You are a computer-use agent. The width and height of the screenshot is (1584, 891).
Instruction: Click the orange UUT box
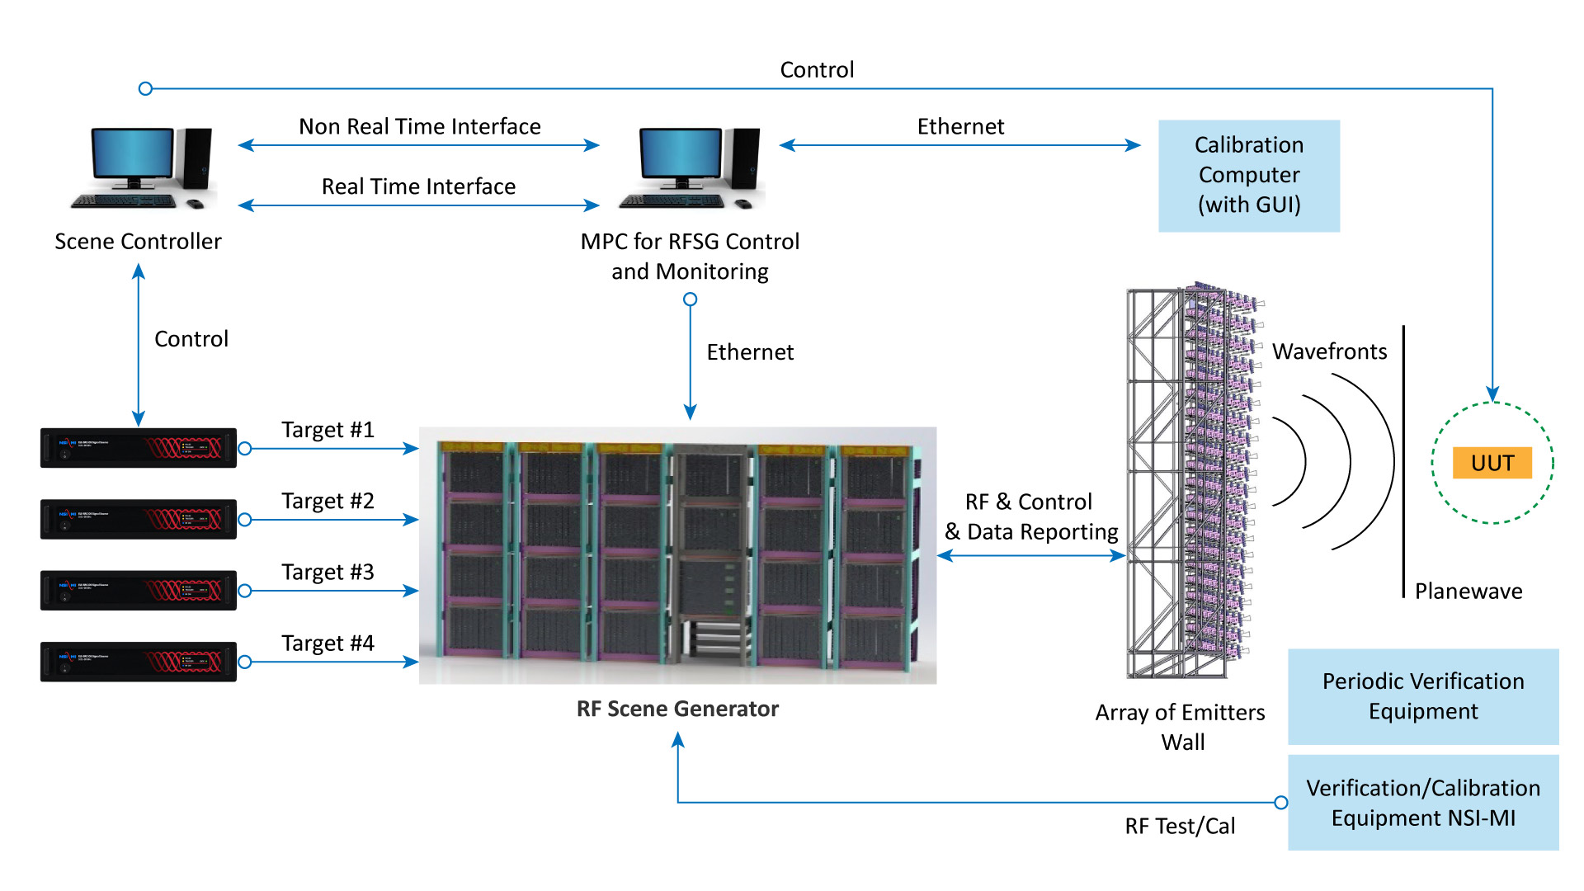point(1492,463)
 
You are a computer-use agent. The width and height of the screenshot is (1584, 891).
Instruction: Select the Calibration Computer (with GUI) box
point(1248,175)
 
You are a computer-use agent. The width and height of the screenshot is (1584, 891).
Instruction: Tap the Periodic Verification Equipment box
point(1422,696)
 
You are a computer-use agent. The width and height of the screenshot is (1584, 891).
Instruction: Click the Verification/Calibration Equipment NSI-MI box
point(1422,803)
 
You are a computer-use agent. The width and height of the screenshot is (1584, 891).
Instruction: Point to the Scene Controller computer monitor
point(132,154)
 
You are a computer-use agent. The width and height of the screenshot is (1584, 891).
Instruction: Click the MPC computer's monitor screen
point(681,154)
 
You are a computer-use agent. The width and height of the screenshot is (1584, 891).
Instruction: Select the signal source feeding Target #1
point(138,448)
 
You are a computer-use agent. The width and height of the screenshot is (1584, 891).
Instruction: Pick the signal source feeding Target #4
point(138,662)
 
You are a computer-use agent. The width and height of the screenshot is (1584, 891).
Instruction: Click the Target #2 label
point(328,501)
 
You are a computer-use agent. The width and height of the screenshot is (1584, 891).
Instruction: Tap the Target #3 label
point(328,572)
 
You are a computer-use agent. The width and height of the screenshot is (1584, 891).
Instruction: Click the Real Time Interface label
point(418,186)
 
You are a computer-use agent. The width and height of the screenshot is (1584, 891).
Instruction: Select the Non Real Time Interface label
point(419,126)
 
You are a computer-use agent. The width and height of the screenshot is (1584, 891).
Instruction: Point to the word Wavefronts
point(1329,351)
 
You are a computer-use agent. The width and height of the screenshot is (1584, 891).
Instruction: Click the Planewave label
point(1468,591)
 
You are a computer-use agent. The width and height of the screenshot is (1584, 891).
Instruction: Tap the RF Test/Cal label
point(1180,826)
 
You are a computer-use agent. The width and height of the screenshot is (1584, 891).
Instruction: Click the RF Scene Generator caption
point(677,709)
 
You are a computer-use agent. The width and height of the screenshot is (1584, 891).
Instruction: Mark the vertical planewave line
point(1403,462)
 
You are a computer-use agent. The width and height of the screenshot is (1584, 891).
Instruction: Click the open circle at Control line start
point(146,88)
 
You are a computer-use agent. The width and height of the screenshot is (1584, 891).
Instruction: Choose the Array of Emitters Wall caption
point(1181,727)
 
